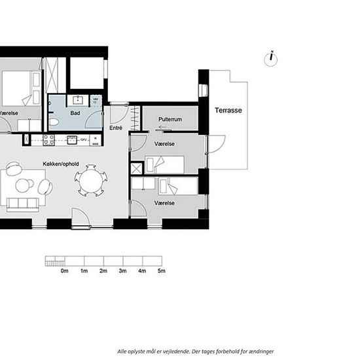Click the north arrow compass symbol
pos(271,58)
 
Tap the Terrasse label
pos(228,111)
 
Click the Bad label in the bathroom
pos(75,113)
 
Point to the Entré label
pos(116,128)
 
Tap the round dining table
pos(90,181)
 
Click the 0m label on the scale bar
pos(64,270)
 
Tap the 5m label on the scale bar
pos(161,270)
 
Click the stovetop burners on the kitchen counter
pos(48,139)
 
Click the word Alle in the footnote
pos(122,351)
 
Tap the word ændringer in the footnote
pos(261,351)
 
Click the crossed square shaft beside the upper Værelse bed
pos(136,167)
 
